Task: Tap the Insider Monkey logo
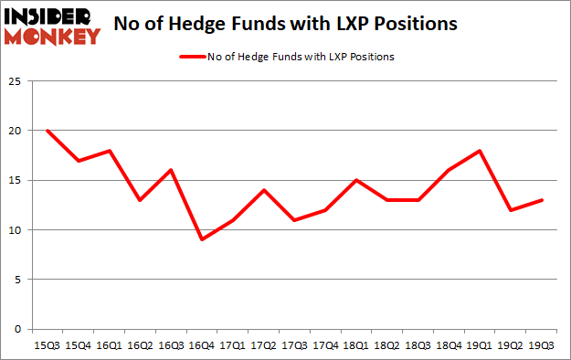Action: coord(52,25)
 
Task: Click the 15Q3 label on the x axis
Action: coord(47,346)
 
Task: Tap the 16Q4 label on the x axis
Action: coord(201,346)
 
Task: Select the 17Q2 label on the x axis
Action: coord(263,346)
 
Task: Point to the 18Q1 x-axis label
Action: coord(356,346)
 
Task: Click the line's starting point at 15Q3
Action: coord(47,131)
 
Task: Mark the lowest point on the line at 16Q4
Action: coord(201,239)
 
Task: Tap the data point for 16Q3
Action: coord(170,170)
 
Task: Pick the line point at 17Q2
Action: coord(263,190)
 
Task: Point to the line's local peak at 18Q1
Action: coord(356,180)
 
